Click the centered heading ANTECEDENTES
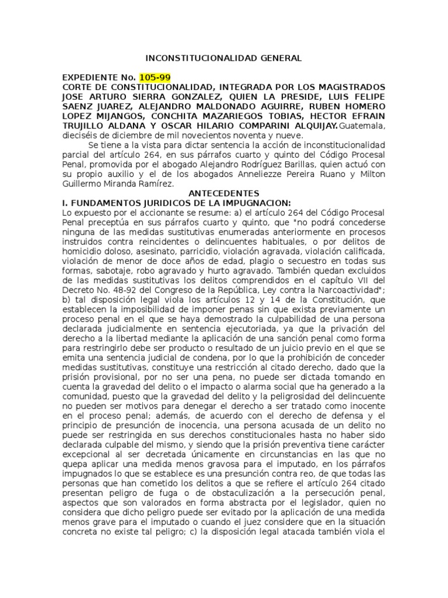pos(224,193)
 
